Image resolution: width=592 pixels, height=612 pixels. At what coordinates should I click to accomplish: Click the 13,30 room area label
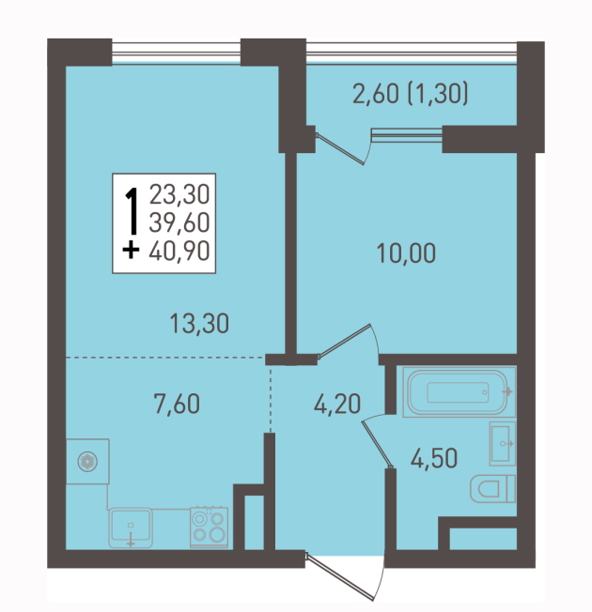click(199, 324)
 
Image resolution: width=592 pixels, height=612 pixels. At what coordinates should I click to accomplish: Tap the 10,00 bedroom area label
click(406, 252)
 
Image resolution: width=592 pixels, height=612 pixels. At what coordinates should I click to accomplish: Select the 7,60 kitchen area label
click(177, 404)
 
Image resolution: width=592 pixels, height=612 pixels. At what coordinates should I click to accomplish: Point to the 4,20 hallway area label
click(336, 404)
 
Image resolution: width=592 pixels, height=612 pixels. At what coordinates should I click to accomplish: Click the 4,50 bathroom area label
click(434, 458)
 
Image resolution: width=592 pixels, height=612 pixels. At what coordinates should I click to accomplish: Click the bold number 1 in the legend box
click(132, 211)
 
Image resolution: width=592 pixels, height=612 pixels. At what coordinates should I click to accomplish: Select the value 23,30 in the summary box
click(179, 194)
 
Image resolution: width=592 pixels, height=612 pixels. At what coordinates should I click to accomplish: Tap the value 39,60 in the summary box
click(179, 222)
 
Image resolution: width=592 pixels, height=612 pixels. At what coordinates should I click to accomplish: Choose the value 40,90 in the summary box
click(179, 251)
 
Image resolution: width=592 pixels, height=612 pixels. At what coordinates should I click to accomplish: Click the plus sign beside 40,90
click(131, 251)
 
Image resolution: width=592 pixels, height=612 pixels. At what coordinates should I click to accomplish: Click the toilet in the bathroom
click(492, 489)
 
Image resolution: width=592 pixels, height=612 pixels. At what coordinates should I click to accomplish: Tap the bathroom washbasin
click(503, 444)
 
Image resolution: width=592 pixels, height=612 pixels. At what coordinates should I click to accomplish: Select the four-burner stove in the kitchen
click(209, 528)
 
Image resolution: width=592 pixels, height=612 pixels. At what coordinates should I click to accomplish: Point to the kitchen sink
click(131, 528)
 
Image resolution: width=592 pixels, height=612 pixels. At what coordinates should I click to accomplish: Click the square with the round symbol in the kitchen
click(87, 461)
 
